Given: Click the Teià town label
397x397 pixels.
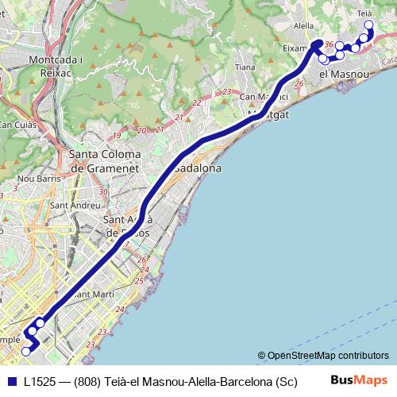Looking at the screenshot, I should pos(365,13).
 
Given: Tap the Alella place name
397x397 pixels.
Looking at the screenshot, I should pos(303,25).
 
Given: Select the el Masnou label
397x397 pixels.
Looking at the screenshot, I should pos(345,74).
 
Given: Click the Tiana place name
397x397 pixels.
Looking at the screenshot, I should pos(245,67).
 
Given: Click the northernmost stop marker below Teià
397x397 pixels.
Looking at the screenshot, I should pos(368,25).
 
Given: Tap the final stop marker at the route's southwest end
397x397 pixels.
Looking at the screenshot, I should pos(25,351).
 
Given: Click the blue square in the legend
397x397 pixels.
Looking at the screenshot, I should pos(10,381).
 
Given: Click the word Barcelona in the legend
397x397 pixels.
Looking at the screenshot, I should pos(241,381).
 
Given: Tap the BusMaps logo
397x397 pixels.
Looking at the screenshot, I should pos(360,380).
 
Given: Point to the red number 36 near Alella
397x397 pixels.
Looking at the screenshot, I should pos(329,55).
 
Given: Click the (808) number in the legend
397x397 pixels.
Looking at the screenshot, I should pos(87,381).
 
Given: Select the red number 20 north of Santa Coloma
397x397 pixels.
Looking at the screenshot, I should pos(141,131).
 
